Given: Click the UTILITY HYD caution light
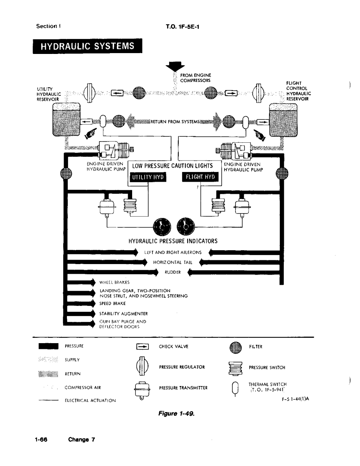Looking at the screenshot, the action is (148, 177).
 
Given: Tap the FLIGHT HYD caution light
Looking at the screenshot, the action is (200, 177).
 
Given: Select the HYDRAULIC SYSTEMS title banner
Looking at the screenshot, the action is (87, 46).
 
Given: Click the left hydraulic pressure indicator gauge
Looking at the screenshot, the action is (162, 227).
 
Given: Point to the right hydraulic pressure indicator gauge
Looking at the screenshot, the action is (186, 227).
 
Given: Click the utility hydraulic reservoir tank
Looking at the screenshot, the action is (66, 120).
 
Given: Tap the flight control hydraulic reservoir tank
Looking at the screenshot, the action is (283, 120).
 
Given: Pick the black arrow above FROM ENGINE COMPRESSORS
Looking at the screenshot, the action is (175, 66).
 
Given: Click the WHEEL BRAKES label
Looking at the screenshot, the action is (114, 282).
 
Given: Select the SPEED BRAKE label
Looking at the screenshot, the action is (112, 303).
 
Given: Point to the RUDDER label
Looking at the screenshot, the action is (173, 272).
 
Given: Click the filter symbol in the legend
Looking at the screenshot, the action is (236, 347).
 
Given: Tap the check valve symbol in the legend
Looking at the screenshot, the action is (142, 346).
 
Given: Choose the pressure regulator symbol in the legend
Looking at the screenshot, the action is (142, 367).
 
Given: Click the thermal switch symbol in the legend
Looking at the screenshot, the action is (235, 389).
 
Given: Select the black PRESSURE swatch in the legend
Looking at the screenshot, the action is (48, 346).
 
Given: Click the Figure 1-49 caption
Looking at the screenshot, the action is (176, 413).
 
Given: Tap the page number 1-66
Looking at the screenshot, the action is (41, 440).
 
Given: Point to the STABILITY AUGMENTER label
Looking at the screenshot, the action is (123, 314).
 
